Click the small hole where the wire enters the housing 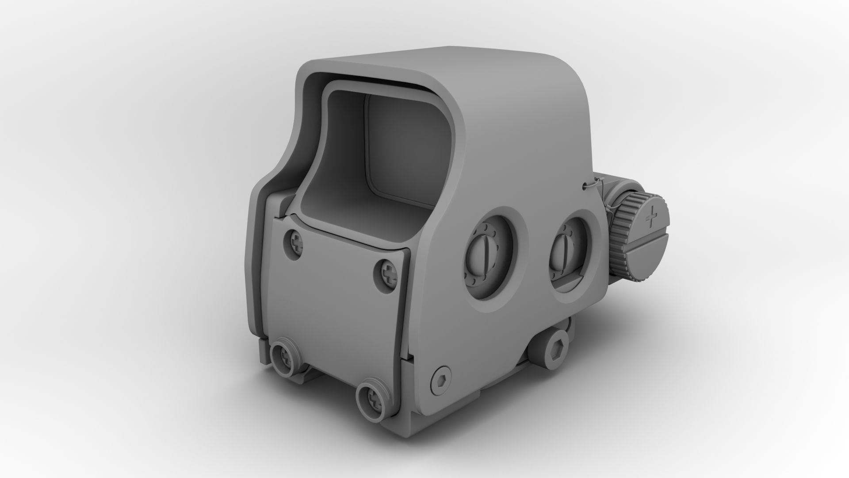pos(584,185)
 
